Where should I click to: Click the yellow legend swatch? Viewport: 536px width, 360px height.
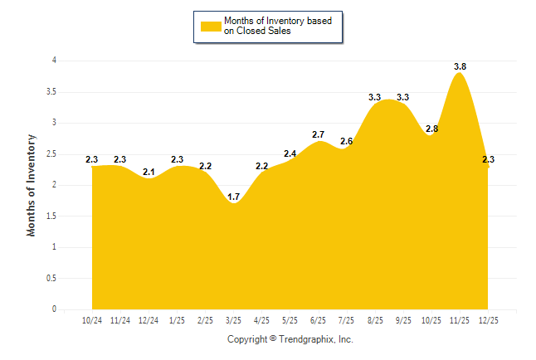[x=210, y=27]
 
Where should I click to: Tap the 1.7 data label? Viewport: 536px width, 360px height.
[x=233, y=197]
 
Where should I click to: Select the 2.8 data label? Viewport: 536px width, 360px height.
[x=431, y=129]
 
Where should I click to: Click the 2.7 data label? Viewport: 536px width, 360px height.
[x=318, y=134]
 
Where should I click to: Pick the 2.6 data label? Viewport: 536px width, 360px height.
[x=346, y=142]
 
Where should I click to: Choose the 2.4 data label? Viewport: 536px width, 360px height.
[x=290, y=154]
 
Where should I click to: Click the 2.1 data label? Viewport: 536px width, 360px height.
[x=149, y=172]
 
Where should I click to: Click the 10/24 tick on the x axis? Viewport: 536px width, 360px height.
[x=92, y=320]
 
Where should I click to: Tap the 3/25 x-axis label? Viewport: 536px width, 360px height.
[x=233, y=320]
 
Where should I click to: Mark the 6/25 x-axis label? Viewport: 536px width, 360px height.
[x=318, y=320]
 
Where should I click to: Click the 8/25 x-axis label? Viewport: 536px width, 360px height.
[x=374, y=320]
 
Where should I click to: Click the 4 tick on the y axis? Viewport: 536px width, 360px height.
[x=54, y=61]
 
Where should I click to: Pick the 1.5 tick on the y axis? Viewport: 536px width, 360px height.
[x=51, y=216]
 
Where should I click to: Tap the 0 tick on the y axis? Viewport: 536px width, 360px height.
[x=54, y=309]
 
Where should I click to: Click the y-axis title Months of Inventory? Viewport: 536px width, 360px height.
[x=32, y=185]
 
